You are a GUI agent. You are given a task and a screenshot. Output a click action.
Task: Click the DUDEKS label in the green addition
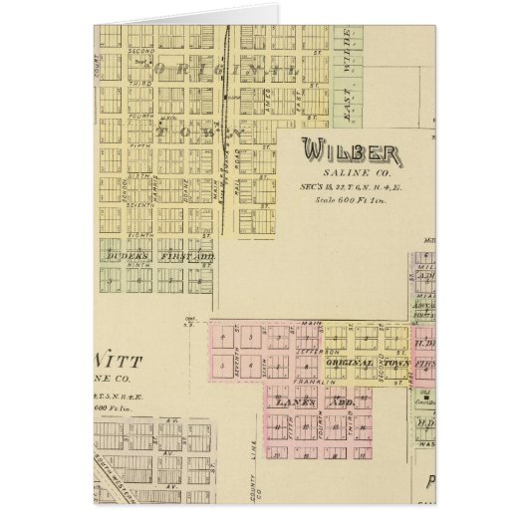[x=123, y=257]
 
